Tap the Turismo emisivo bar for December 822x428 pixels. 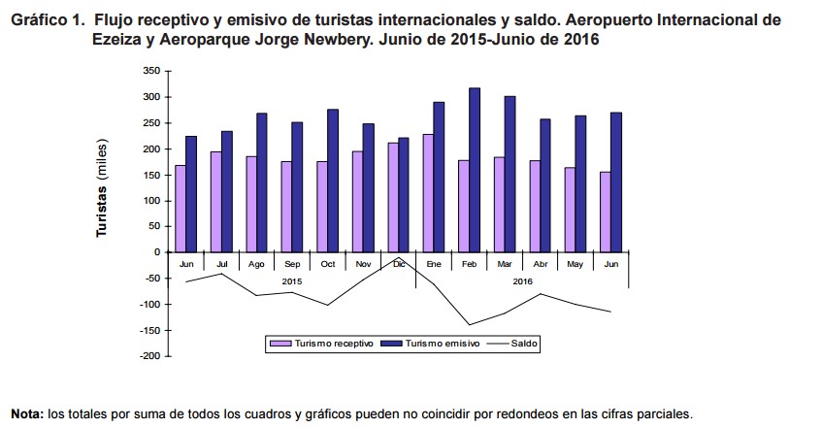pyautogui.click(x=404, y=195)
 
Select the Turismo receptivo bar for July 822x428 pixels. pyautogui.click(x=215, y=202)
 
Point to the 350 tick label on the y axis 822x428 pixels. pyautogui.click(x=149, y=71)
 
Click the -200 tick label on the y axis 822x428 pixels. pyautogui.click(x=148, y=356)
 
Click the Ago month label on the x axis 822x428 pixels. pyautogui.click(x=256, y=263)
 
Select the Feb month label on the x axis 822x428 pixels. pyautogui.click(x=469, y=263)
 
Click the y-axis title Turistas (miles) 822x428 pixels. pyautogui.click(x=100, y=188)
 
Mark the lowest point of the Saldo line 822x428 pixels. pyautogui.click(x=469, y=325)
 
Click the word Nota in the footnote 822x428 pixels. pyautogui.click(x=26, y=413)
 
